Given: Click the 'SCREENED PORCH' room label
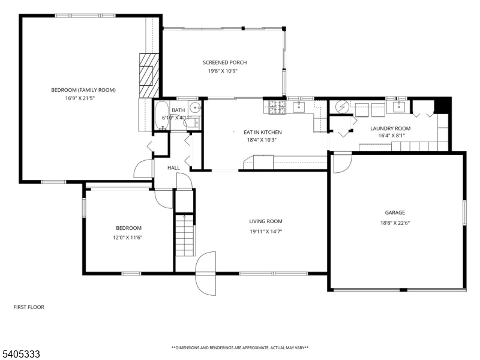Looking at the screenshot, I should [224, 62].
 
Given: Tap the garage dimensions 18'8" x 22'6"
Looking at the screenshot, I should [395, 223].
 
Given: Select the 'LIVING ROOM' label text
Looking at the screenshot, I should [266, 221].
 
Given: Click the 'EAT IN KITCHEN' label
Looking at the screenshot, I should [262, 132].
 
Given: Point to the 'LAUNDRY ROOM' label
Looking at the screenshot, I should [390, 128].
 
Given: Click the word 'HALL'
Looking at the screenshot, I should [173, 167].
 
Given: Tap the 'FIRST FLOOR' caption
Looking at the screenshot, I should [29, 307].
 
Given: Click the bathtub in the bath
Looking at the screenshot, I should [162, 116].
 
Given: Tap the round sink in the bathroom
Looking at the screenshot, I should [195, 109].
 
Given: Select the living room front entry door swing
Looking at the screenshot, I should [205, 273].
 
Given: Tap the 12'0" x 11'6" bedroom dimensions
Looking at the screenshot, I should [128, 237].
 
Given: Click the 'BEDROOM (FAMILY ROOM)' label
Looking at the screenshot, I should [83, 90].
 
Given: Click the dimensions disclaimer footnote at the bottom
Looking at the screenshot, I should [240, 347].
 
